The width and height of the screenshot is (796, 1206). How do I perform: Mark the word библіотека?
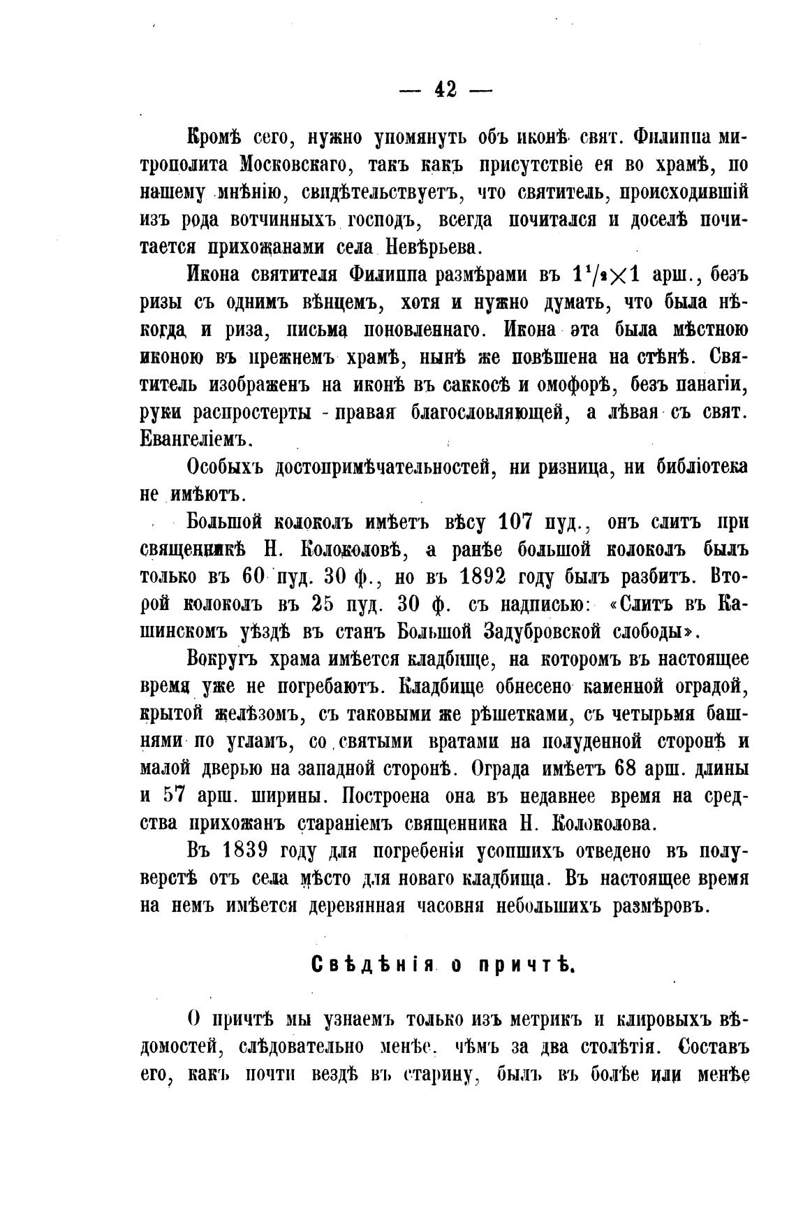[x=702, y=467]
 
